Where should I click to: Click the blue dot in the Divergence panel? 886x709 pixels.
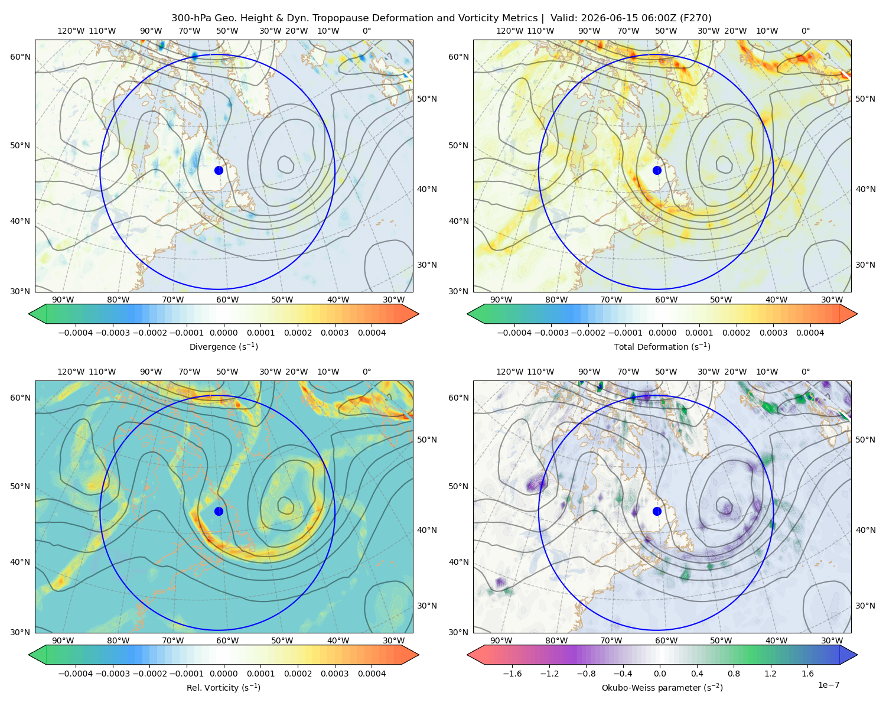(x=219, y=170)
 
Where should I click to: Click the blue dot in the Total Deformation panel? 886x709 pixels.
(x=657, y=170)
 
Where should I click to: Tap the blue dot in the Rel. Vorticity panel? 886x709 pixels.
(x=219, y=511)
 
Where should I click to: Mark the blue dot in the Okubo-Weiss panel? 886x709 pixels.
(x=657, y=511)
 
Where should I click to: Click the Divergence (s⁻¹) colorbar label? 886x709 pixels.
(x=223, y=346)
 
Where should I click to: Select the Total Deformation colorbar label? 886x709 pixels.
(x=662, y=346)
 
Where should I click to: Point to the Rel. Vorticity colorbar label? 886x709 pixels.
(x=223, y=687)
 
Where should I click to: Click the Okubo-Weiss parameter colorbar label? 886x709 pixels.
(x=662, y=687)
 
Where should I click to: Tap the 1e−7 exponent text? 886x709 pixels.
(x=828, y=685)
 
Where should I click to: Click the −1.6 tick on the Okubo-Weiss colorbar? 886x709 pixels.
(x=512, y=673)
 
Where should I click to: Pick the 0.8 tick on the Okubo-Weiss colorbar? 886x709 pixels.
(x=734, y=673)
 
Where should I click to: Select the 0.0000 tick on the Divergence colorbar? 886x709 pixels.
(x=223, y=333)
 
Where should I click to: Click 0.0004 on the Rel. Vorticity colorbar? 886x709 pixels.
(x=372, y=673)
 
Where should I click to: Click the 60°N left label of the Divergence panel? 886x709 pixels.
(x=20, y=57)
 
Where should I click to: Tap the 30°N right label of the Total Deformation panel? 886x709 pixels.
(x=865, y=265)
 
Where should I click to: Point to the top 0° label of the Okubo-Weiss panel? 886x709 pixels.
(x=805, y=372)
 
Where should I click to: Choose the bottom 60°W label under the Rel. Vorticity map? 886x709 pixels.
(x=227, y=640)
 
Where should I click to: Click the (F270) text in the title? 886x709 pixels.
(x=695, y=18)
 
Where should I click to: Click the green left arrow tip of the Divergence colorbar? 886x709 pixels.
(x=29, y=314)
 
